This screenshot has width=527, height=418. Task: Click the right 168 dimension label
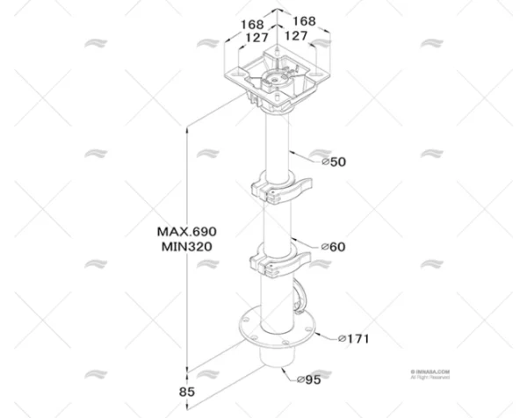click(303, 21)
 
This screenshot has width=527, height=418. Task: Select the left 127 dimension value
click(257, 37)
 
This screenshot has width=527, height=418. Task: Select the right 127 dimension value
click(297, 37)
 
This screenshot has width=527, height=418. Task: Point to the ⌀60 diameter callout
click(335, 248)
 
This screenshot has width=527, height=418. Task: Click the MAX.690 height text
click(186, 231)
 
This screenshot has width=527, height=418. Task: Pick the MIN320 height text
click(186, 247)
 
